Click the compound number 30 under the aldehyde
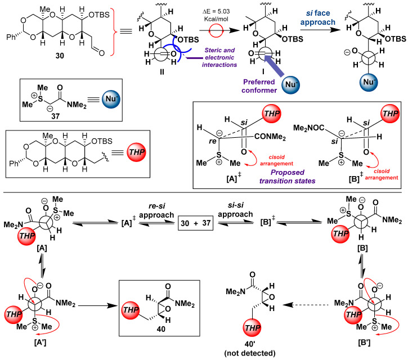[x=60, y=55]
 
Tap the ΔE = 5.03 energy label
[x=217, y=15]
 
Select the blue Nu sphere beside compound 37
[x=111, y=99]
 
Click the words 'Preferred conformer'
[x=259, y=86]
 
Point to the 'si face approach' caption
[x=318, y=17]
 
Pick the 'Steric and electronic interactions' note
[x=219, y=57]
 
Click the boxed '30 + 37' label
[x=195, y=223]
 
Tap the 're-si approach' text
[x=156, y=210]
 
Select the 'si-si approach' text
[x=235, y=210]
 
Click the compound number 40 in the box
[x=161, y=329]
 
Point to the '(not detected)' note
[x=249, y=353]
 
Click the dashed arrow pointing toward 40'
[x=306, y=305]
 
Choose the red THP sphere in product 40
[x=131, y=310]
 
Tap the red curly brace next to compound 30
[x=113, y=31]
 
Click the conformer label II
[x=162, y=72]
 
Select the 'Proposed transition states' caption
[x=287, y=177]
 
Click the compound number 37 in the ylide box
[x=55, y=116]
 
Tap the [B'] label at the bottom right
[x=364, y=343]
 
